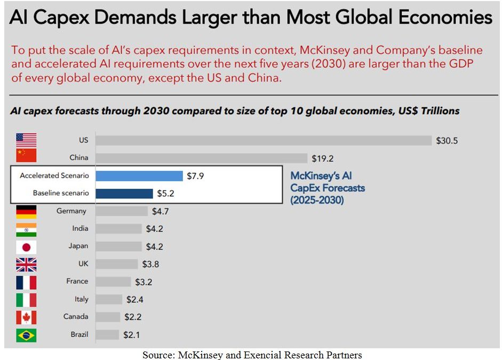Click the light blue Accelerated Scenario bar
coord(139,176)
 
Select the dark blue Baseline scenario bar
coord(124,193)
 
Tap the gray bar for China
coord(202,158)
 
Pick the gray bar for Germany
coord(122,211)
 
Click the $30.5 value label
coord(447,141)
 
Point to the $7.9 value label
coord(195,176)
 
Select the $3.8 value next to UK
coord(150,264)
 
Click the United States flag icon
coord(26,140)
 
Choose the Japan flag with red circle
coord(26,246)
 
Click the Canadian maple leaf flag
coord(26,317)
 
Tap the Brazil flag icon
coord(26,335)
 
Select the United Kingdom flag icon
coord(26,264)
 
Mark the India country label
coord(80,229)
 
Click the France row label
coord(77,282)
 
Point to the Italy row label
coord(81,299)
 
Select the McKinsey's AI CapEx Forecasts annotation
coord(328,188)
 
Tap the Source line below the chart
coord(252,355)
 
